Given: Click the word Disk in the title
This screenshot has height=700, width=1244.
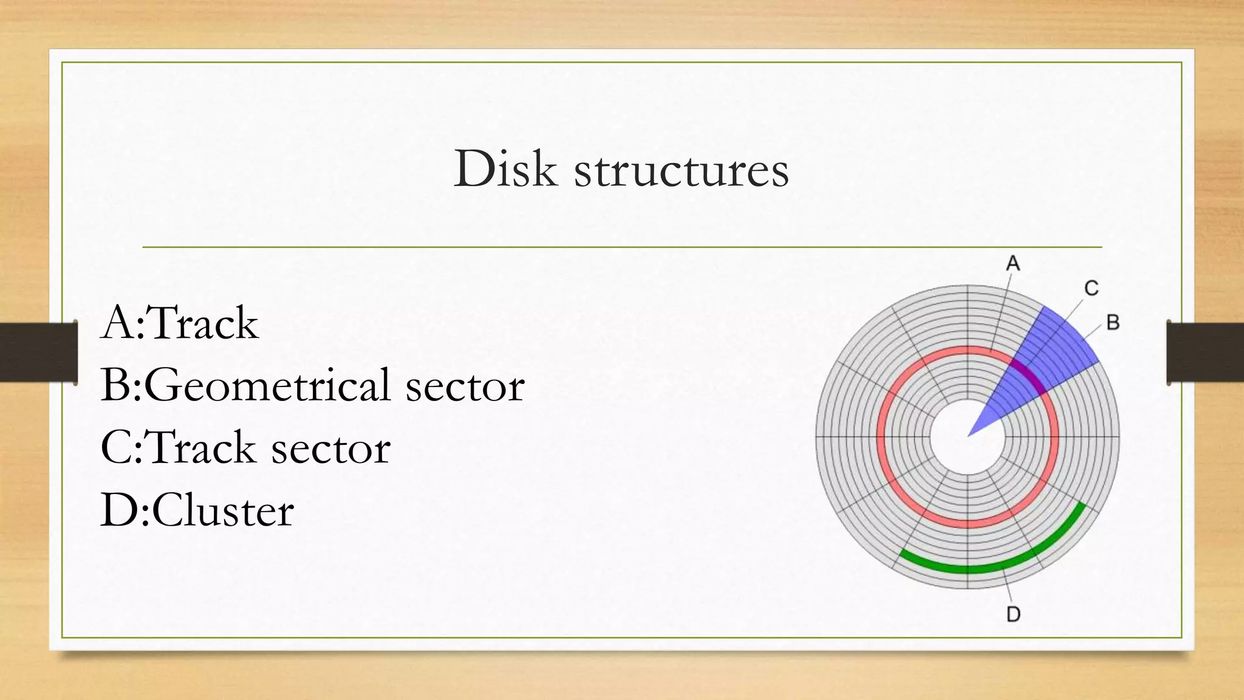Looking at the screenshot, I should pyautogui.click(x=505, y=168).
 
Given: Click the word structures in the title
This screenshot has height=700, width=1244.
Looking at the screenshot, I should pyautogui.click(x=681, y=170).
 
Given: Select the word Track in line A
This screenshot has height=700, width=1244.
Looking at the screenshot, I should pyautogui.click(x=203, y=323).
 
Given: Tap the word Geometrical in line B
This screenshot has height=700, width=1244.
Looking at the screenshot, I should pyautogui.click(x=267, y=386).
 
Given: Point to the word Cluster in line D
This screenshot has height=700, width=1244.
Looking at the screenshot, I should pyautogui.click(x=223, y=510).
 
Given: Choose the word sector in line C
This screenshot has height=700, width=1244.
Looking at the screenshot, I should pyautogui.click(x=330, y=448).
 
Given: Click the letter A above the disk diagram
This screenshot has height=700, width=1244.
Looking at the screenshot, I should pyautogui.click(x=1013, y=264).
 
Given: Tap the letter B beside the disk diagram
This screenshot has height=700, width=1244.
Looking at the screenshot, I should pyautogui.click(x=1113, y=322).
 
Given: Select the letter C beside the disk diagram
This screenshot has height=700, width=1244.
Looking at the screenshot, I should pyautogui.click(x=1091, y=288).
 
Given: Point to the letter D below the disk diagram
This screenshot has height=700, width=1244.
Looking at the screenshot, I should pyautogui.click(x=1013, y=614).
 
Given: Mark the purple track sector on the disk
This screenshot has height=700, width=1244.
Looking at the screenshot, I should pyautogui.click(x=1029, y=376).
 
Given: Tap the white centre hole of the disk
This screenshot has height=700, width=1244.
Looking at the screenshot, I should pyautogui.click(x=960, y=444).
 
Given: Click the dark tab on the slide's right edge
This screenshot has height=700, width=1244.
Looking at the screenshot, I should pyautogui.click(x=1205, y=352).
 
